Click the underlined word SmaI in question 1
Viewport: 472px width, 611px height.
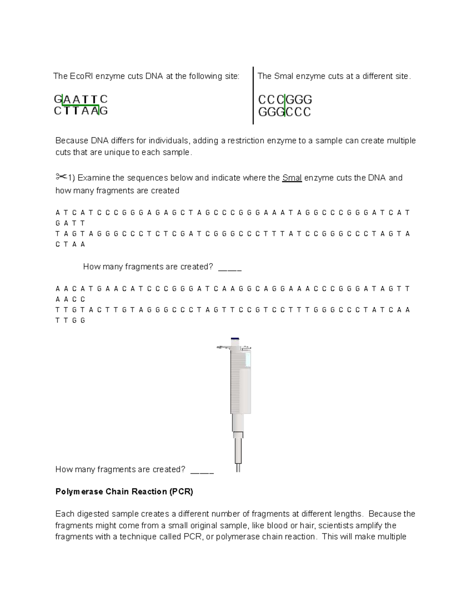tap(292, 178)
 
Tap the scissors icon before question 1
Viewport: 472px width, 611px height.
tap(61, 177)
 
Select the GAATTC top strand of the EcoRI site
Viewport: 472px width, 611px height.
tap(81, 99)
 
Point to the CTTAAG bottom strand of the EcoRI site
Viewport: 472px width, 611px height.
tap(81, 111)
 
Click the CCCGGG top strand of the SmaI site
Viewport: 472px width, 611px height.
tap(285, 100)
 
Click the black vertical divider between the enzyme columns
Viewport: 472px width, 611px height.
tap(253, 96)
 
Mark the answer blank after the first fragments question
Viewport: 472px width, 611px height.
tap(230, 268)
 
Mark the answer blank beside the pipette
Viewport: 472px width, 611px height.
tap(202, 470)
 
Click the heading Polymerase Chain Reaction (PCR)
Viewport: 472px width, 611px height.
tap(124, 492)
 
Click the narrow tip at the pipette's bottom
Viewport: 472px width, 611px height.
tap(238, 467)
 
